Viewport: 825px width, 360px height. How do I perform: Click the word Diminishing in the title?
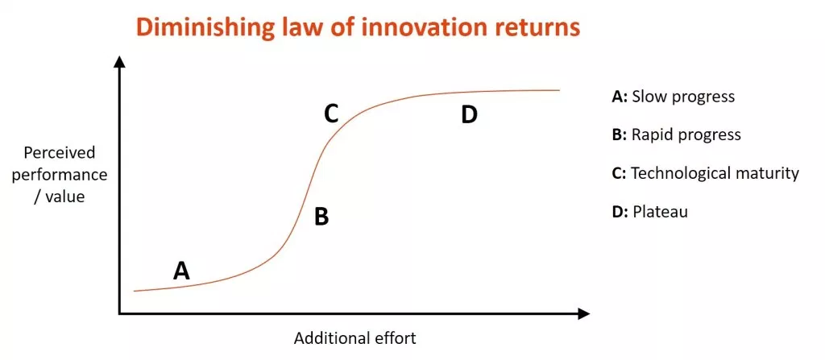click(201, 28)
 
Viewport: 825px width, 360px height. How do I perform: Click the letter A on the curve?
click(181, 271)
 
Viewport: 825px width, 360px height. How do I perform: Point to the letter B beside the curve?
click(321, 216)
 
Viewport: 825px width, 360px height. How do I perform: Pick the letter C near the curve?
click(330, 114)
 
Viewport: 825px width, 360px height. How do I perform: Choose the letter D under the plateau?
click(469, 115)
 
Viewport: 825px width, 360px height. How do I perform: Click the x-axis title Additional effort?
click(355, 338)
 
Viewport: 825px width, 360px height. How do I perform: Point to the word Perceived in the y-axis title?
click(60, 153)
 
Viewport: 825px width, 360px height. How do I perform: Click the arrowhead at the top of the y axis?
click(121, 61)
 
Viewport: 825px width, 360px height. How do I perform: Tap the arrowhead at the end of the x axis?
click(583, 314)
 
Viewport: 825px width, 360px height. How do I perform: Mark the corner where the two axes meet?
click(121, 314)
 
